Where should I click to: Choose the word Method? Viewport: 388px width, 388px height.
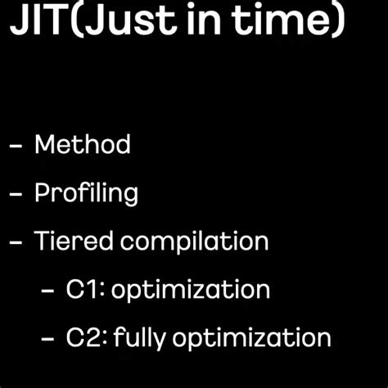(x=82, y=145)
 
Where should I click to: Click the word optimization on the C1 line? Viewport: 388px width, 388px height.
(x=191, y=291)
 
